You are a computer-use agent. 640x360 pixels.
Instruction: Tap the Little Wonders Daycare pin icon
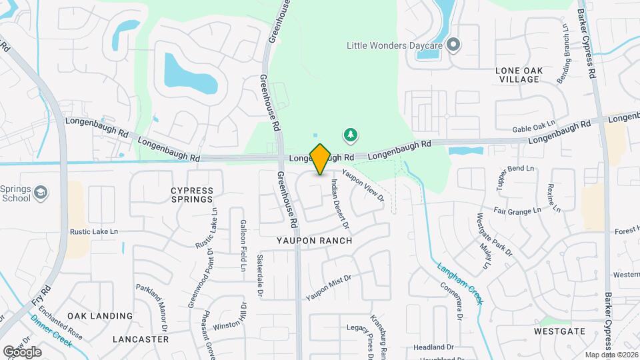[454, 45]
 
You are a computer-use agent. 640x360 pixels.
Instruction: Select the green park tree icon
[350, 136]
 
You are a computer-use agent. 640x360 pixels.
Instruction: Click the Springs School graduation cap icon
[42, 193]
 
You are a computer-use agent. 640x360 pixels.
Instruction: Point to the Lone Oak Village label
[517, 74]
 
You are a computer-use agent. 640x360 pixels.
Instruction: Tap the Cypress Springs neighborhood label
[192, 194]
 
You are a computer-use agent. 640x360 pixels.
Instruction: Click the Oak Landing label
[100, 315]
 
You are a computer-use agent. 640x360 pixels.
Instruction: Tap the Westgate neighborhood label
[559, 331]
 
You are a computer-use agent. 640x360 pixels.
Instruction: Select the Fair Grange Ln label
[517, 211]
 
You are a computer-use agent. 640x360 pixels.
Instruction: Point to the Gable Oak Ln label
[533, 126]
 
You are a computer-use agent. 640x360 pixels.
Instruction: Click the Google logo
[22, 351]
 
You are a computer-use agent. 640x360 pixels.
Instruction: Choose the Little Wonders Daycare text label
[395, 45]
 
